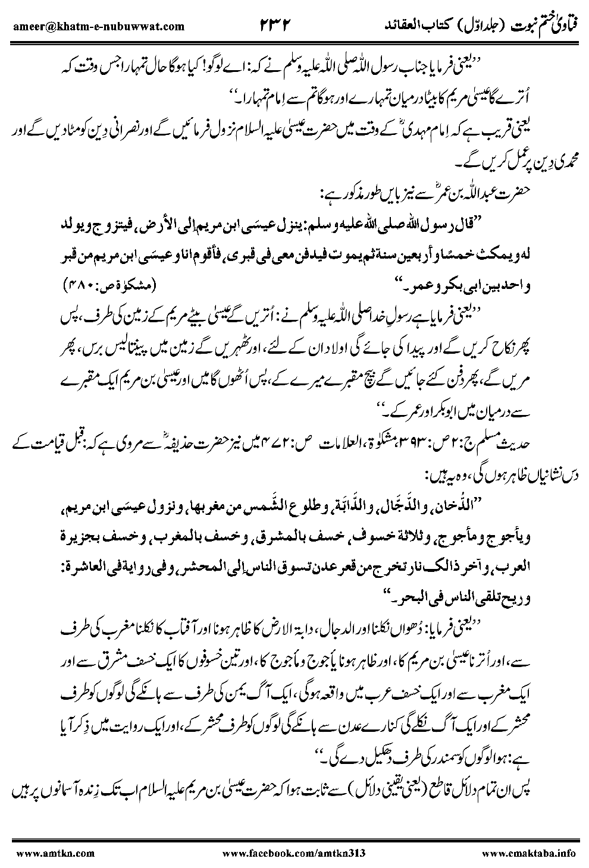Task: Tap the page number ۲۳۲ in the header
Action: (278, 25)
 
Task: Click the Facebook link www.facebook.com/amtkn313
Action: (297, 853)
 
